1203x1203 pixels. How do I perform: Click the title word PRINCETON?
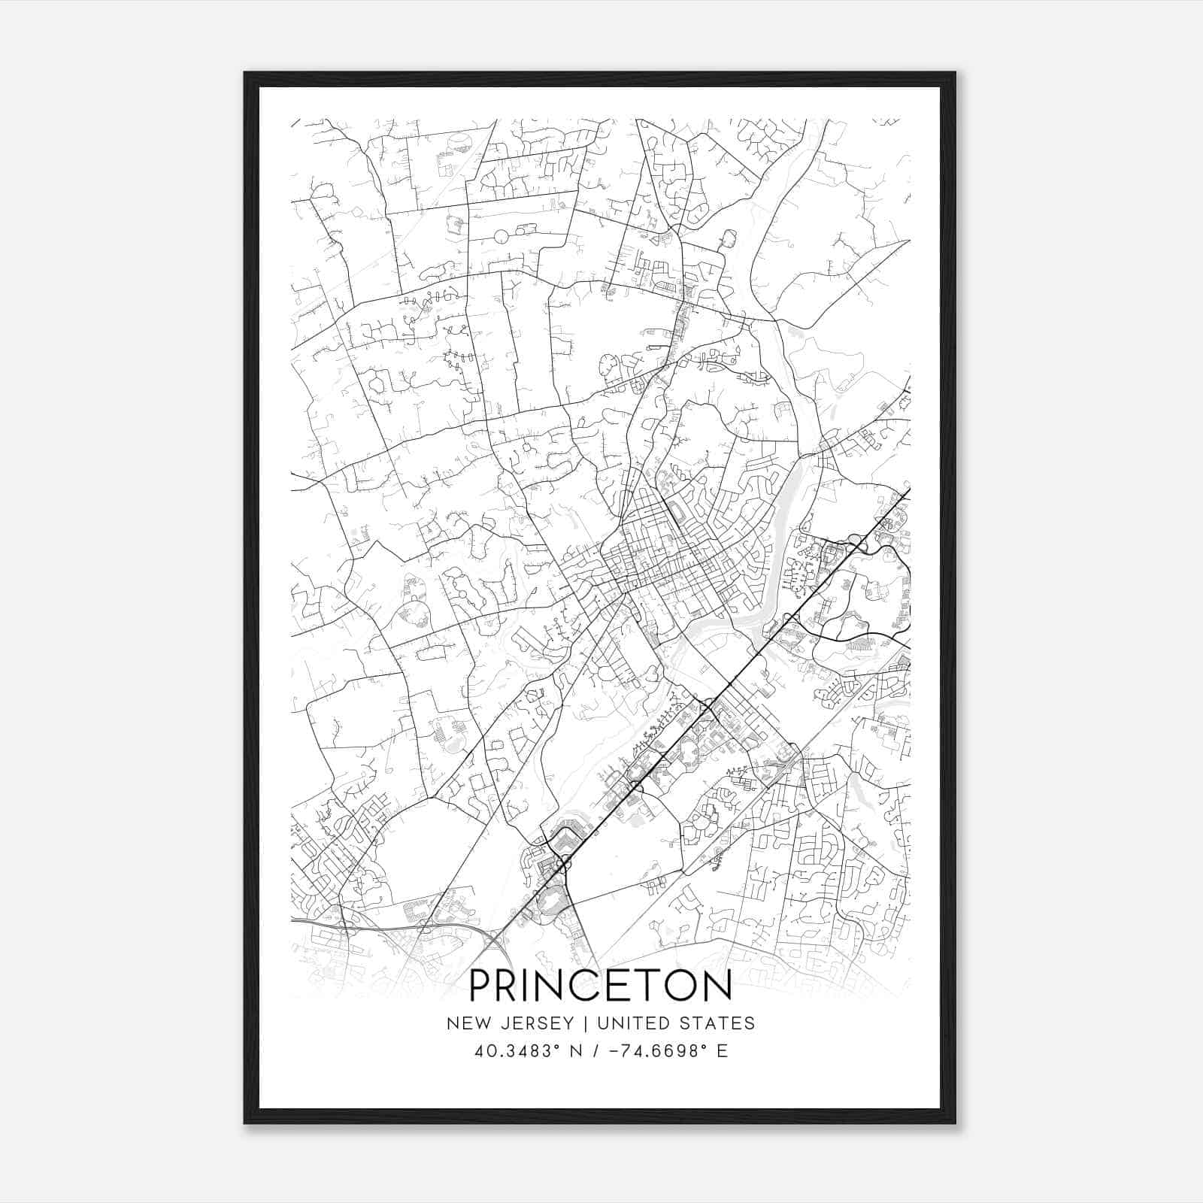tap(601, 986)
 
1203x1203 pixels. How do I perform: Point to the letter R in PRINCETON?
tap(514, 986)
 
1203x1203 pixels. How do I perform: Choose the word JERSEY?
tap(532, 1023)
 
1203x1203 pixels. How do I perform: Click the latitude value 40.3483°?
tap(513, 1051)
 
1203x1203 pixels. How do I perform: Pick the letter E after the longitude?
tap(723, 1051)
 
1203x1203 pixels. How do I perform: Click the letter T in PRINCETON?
tap(650, 986)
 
